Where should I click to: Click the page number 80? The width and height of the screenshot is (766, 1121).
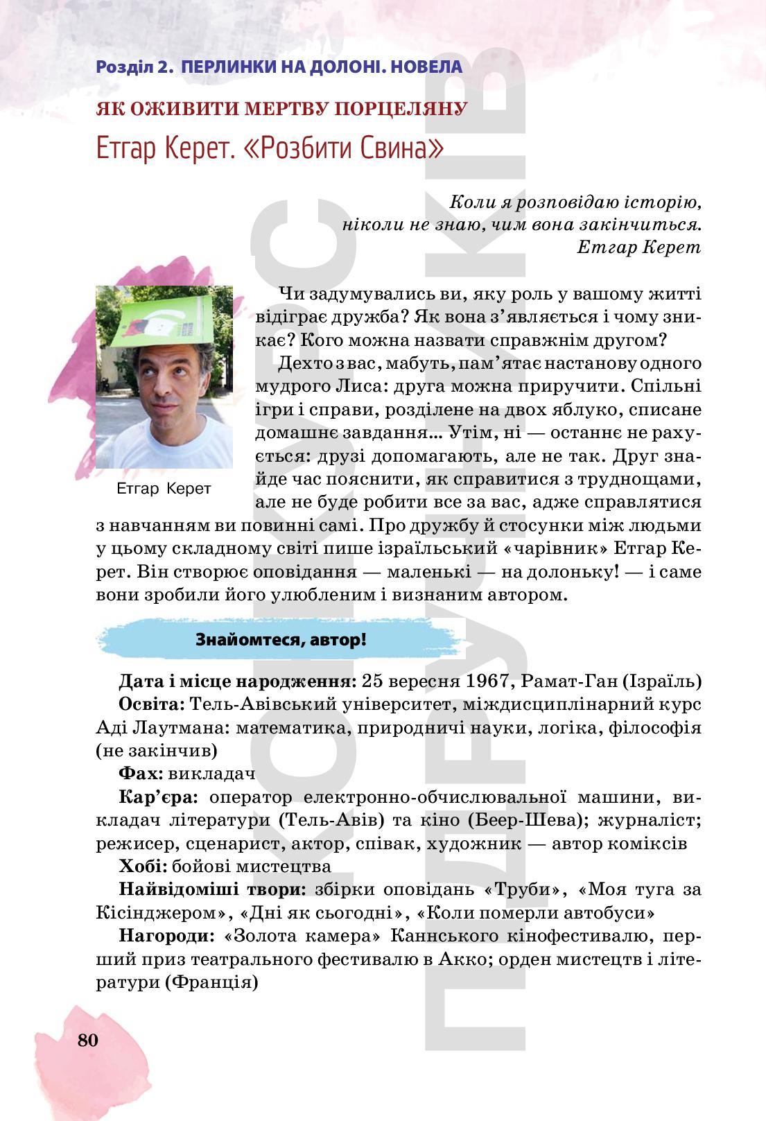point(88,1040)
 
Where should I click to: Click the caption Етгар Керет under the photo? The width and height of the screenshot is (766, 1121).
point(164,488)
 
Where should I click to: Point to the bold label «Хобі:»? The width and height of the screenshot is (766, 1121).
point(142,866)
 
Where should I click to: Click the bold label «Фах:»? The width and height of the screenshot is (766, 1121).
point(141,773)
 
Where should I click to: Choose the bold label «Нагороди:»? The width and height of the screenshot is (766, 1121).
point(167,936)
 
